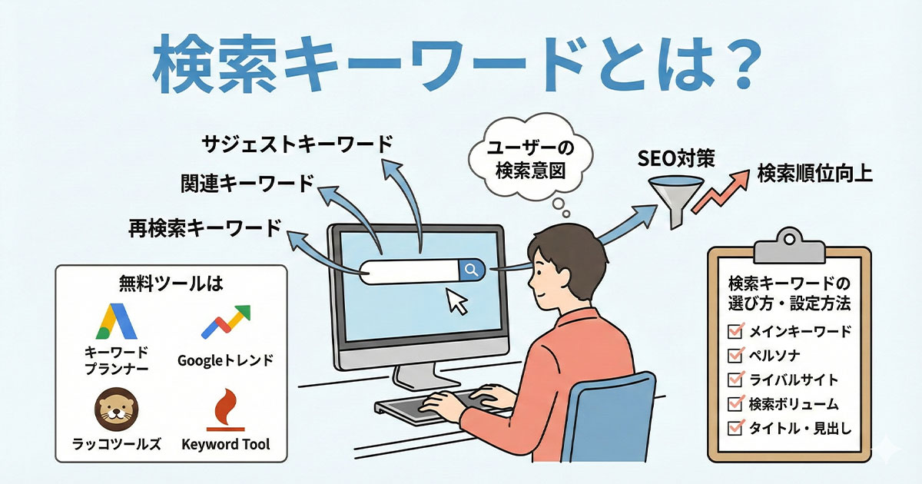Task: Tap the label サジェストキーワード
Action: pos(297,144)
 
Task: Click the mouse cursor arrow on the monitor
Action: pos(458,302)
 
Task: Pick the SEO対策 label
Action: pos(676,161)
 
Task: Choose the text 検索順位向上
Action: pos(814,174)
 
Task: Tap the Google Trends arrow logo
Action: pos(226,322)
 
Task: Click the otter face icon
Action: pos(117,409)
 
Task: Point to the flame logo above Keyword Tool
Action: pos(225,409)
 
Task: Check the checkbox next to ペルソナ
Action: pos(735,356)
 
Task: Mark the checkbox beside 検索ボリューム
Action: pos(735,404)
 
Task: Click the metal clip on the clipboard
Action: pos(788,244)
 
